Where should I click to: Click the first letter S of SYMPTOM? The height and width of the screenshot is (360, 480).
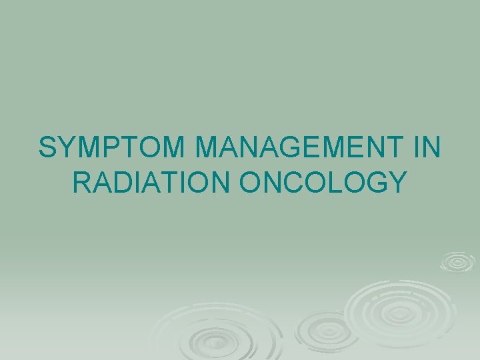[48, 148]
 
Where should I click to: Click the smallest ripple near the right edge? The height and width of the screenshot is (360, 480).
[457, 262]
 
